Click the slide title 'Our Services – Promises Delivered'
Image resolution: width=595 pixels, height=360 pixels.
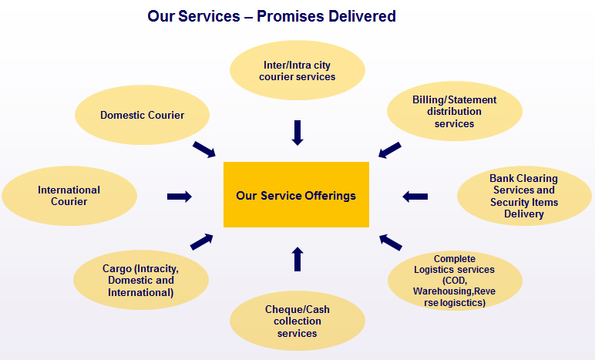pos(271,15)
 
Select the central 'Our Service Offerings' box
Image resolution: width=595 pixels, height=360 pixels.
pos(296,195)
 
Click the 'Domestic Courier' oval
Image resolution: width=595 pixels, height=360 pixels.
pos(143,116)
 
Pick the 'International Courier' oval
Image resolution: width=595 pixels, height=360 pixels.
pos(69,196)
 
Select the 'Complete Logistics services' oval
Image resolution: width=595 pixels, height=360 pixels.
pos(453,280)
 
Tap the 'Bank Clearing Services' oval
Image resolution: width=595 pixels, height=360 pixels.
pos(523,196)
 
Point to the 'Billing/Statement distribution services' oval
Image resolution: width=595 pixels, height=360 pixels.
pos(454,112)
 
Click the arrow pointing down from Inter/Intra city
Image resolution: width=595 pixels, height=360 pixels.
pos(297,132)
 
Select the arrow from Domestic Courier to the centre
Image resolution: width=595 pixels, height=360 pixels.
pos(203,149)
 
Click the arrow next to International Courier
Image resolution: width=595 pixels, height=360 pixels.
pos(179,197)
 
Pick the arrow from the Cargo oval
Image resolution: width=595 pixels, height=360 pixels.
pos(202,241)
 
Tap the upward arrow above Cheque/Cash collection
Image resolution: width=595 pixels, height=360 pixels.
pos(297,258)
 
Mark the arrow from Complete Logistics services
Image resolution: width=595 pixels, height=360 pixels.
pos(391,242)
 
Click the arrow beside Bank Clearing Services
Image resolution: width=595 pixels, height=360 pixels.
pos(415,197)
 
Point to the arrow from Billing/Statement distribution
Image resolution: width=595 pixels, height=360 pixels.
pos(390,149)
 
